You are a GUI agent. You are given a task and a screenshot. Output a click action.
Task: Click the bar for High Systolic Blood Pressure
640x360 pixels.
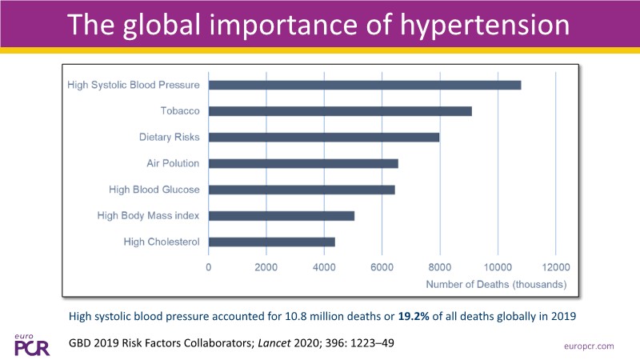(x=365, y=85)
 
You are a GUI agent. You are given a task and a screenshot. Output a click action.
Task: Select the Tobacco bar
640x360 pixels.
(x=340, y=111)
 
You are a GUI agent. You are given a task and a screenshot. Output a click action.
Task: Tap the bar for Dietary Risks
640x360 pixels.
(x=324, y=137)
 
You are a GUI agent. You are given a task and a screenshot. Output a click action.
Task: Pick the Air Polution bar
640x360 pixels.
(x=303, y=163)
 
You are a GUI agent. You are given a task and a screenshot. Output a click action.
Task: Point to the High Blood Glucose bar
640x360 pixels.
(x=302, y=190)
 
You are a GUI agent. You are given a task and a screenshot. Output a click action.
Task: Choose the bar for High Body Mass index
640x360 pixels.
(x=282, y=215)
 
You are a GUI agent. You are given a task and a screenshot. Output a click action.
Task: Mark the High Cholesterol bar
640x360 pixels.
(x=272, y=242)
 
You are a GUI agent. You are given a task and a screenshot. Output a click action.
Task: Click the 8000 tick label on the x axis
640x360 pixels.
(x=440, y=268)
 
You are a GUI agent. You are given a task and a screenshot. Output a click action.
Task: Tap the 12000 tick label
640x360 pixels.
(x=555, y=268)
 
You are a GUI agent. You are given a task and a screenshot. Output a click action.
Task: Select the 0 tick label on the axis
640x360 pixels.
(x=209, y=268)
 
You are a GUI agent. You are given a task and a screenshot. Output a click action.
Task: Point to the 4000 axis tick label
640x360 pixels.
(x=324, y=268)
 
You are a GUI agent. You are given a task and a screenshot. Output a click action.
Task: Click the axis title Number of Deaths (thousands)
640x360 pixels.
(x=497, y=284)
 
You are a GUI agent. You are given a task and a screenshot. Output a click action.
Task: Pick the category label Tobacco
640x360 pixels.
(x=179, y=111)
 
